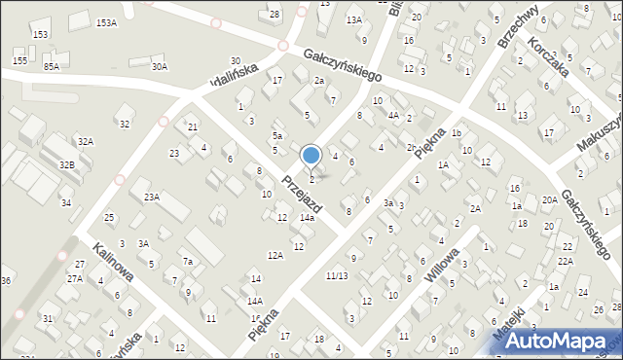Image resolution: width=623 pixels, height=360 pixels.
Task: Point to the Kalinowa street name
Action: coord(114,263)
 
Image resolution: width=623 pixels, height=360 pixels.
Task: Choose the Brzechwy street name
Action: coord(517,29)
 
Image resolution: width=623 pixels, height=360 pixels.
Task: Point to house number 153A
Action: coord(106,23)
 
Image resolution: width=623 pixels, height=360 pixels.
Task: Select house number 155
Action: coord(19,60)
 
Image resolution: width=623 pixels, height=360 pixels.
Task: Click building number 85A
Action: coord(51,66)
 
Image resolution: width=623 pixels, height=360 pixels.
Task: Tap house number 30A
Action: coord(160,66)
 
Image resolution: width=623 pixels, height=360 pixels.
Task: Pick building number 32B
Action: coord(66,165)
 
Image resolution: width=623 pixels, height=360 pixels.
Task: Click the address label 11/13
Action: coord(337,275)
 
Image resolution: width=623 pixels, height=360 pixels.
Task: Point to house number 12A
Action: coord(275,255)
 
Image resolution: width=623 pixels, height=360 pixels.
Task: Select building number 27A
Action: coord(75,279)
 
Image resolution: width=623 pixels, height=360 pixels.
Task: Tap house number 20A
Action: coord(550,199)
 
